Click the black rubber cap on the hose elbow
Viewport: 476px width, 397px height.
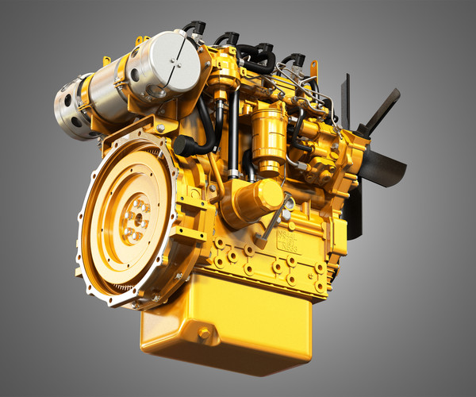pyautogui.click(x=184, y=146)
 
